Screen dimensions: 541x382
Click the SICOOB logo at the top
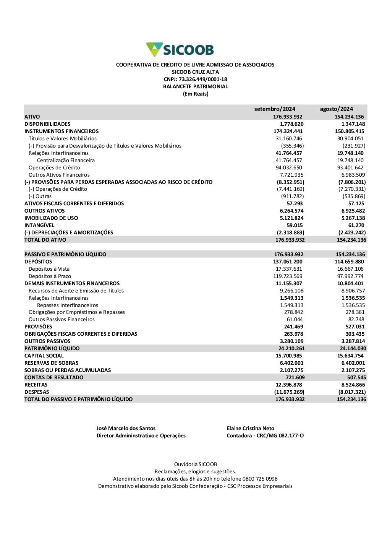coord(180,50)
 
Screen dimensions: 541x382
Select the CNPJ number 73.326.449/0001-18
coord(203,79)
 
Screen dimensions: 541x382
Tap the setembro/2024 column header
coord(275,109)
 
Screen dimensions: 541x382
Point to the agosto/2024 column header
coord(336,109)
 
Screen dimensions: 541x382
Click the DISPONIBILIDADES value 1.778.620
coord(291,124)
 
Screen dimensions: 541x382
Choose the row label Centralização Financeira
coord(66,160)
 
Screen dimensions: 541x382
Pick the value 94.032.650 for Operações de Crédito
coord(289,167)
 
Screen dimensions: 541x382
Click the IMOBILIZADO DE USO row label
coord(51,218)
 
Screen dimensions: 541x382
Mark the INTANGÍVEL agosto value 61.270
coord(356,225)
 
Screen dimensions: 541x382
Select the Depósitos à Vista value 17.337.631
coord(289,269)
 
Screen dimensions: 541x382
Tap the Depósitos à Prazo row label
coord(50,276)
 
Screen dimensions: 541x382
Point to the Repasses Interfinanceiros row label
coord(68,305)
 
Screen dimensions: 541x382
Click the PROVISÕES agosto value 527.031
coord(355,327)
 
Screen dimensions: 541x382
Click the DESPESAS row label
coord(37,392)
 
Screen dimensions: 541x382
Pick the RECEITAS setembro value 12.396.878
coord(289,385)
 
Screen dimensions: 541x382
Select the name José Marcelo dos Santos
coord(126,428)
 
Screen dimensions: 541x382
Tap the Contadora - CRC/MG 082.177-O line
coord(265,435)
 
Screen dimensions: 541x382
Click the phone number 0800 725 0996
coord(260,479)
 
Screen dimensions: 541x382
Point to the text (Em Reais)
coord(196,94)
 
